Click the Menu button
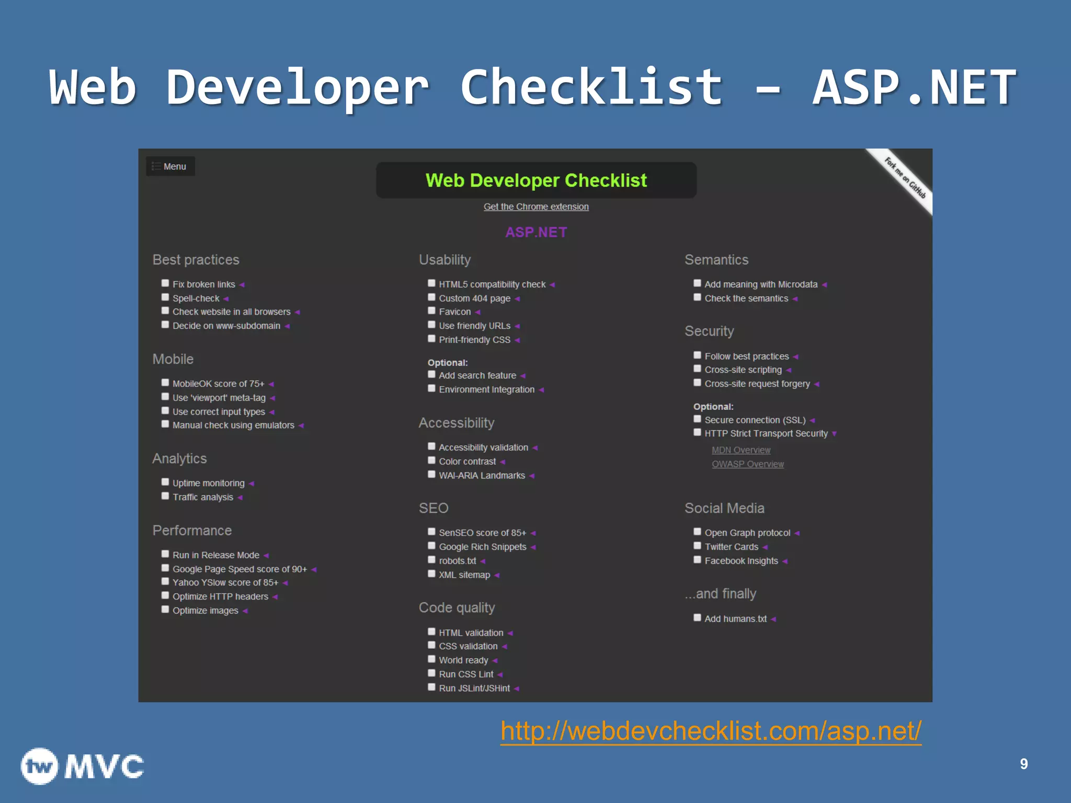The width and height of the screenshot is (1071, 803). (170, 166)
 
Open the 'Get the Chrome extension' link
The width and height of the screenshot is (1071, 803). (536, 207)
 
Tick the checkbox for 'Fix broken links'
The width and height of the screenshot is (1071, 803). (165, 283)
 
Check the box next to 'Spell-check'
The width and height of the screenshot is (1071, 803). (165, 297)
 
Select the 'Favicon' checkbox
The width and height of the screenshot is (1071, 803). (431, 311)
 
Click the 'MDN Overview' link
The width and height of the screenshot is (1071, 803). (740, 450)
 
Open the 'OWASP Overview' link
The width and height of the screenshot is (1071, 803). (747, 464)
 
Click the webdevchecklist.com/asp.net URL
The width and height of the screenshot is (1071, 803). (711, 731)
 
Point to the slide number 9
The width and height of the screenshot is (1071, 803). (1023, 764)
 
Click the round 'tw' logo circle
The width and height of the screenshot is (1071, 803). (39, 766)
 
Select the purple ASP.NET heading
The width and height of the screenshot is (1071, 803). (536, 232)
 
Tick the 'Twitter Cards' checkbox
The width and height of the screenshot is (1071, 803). (697, 546)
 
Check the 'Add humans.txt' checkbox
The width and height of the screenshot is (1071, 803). (697, 618)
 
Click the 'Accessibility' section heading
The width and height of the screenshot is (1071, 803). (457, 423)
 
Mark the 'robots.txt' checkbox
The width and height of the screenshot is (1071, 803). (431, 560)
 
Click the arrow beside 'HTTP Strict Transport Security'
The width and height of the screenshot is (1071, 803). (834, 434)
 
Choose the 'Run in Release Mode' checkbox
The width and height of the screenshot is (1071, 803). (165, 554)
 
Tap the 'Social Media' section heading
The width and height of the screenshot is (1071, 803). (724, 508)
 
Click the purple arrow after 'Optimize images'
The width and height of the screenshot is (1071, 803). (245, 611)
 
